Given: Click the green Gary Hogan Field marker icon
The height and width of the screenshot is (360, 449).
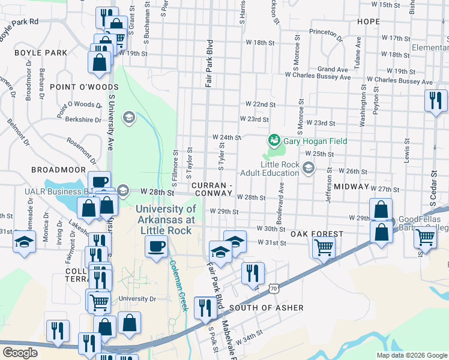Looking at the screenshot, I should click(274, 140).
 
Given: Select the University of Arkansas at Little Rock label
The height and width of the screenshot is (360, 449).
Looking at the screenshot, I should click(165, 214).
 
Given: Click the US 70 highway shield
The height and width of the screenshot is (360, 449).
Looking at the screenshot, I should click(273, 289).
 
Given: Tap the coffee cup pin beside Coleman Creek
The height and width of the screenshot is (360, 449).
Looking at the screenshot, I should click(157, 247).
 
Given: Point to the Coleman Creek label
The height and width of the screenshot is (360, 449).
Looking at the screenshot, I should click(178, 285).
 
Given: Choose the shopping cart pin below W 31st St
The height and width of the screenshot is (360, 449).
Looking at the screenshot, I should click(324, 246).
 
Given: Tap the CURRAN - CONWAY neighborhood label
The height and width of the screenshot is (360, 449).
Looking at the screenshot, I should click(212, 189).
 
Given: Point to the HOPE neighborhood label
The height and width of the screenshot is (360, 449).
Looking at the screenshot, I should click(369, 21).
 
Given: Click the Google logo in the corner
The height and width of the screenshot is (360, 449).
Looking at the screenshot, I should click(19, 353).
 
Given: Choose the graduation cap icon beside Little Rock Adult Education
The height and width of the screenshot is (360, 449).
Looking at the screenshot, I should click(309, 167).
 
